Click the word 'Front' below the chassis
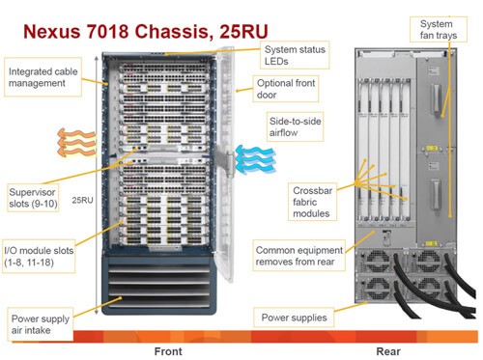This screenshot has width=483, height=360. point(168,351)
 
